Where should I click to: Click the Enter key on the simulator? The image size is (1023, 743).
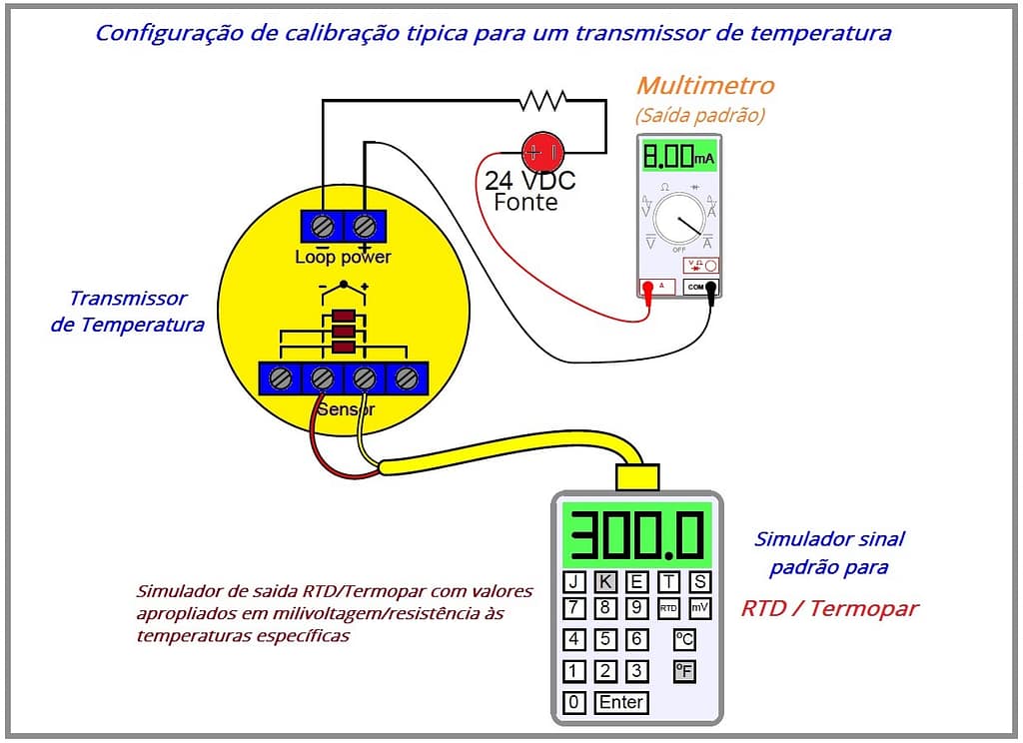[x=620, y=702]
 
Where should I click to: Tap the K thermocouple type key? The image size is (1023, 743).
[x=605, y=582]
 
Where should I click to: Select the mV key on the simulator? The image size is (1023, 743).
[x=699, y=608]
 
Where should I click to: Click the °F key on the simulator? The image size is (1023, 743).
[x=684, y=671]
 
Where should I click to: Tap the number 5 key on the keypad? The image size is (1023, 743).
[x=605, y=639]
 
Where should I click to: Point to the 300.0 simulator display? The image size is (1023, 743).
[x=636, y=534]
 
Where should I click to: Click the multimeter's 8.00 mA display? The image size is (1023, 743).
[x=679, y=157]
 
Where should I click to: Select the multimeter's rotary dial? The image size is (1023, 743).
[x=679, y=219]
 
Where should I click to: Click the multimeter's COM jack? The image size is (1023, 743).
[x=696, y=287]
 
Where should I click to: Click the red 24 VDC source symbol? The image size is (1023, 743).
[x=542, y=152]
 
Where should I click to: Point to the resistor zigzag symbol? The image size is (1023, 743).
[x=542, y=100]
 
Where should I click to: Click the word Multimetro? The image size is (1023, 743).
[x=705, y=86]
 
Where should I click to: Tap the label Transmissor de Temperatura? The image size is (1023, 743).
[x=127, y=311]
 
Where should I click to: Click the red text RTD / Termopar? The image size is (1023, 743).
[x=829, y=609]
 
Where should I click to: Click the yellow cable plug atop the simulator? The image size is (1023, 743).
[x=637, y=477]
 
